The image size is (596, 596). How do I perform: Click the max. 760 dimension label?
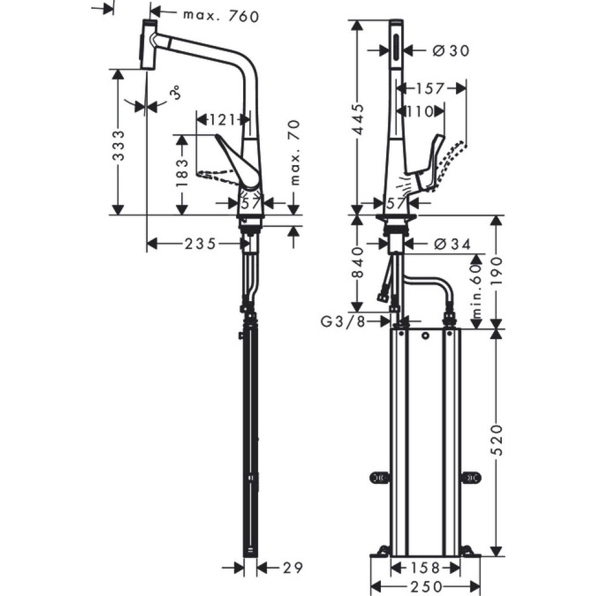221,16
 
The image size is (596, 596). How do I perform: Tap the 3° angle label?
175,94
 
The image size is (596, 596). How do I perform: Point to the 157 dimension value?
431,89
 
